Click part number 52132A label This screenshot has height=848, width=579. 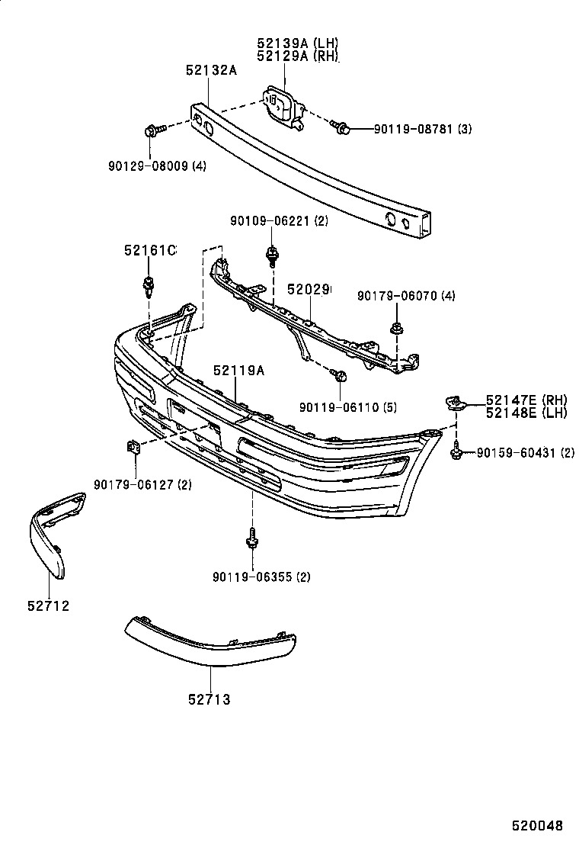tap(211, 70)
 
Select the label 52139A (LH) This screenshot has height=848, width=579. tap(298, 43)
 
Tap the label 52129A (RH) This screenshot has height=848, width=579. tap(298, 56)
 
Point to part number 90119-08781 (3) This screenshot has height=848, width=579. tap(422, 130)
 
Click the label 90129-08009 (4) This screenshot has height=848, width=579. tap(156, 165)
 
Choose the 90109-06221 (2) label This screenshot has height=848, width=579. tap(278, 221)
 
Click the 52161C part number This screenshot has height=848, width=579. tap(150, 250)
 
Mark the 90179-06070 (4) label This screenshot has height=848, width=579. tap(406, 296)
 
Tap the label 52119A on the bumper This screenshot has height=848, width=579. tap(238, 370)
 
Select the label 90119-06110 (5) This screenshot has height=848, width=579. tap(348, 407)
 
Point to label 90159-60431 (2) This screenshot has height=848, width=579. tap(526, 453)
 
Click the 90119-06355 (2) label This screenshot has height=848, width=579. tap(261, 577)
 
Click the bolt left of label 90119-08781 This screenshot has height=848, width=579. tap(344, 130)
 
